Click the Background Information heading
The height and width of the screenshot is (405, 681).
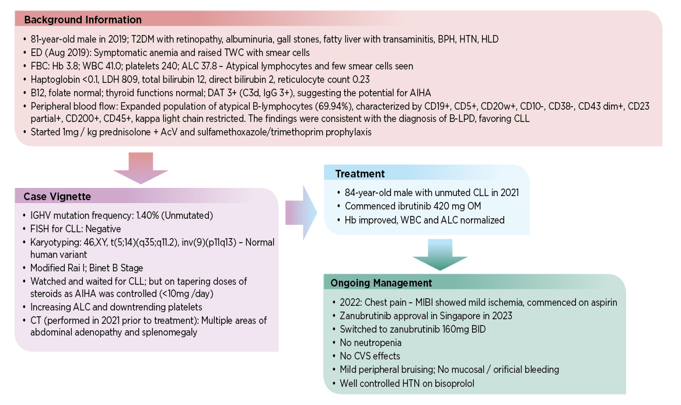(x=82, y=20)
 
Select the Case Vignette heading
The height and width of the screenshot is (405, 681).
(x=57, y=197)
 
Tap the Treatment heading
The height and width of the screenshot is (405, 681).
(x=359, y=174)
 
